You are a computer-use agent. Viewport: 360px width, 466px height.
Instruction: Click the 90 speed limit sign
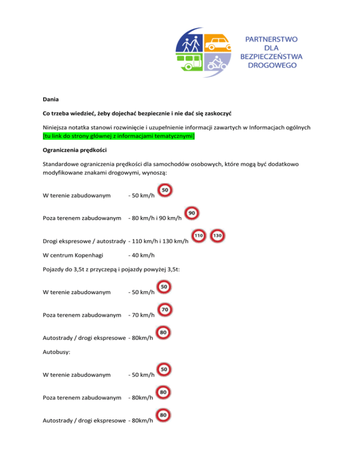pyautogui.click(x=192, y=213)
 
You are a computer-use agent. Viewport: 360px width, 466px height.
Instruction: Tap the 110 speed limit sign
pyautogui.click(x=199, y=235)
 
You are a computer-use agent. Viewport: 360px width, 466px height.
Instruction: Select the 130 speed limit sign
pyautogui.click(x=217, y=235)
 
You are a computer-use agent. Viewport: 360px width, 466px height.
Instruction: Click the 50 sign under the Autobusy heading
pyautogui.click(x=165, y=370)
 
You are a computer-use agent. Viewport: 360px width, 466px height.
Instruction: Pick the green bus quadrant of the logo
pyautogui.click(x=190, y=65)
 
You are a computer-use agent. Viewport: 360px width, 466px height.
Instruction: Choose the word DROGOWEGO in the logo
pyautogui.click(x=272, y=66)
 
